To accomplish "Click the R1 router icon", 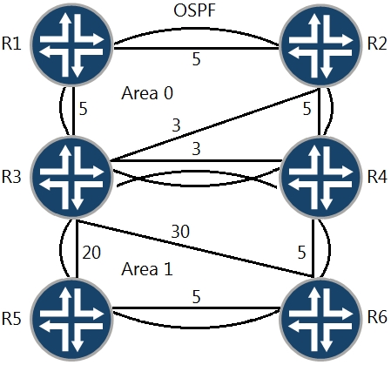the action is tap(71, 44).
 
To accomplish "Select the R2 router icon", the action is tap(320, 44).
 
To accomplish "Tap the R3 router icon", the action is tap(71, 177).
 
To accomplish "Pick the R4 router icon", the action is tap(320, 177).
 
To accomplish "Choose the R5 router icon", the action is tap(71, 320).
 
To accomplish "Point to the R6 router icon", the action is tap(320, 320).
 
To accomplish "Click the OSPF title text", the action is tap(194, 10).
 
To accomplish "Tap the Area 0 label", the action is tap(147, 93).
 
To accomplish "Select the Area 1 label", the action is tap(147, 269).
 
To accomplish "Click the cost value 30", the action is tap(180, 232).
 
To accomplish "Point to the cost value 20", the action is tap(91, 253).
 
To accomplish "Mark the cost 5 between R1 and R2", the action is tap(197, 59).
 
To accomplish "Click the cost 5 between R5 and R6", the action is tap(197, 297).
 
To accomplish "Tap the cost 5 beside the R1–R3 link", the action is tap(83, 110).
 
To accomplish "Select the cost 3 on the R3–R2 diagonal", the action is tap(176, 125).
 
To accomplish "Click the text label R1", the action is tap(11, 44).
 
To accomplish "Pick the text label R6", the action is tap(377, 317).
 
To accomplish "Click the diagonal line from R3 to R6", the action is tap(195, 249).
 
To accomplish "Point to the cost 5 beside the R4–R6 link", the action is tap(302, 253).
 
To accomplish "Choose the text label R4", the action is tap(377, 177).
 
